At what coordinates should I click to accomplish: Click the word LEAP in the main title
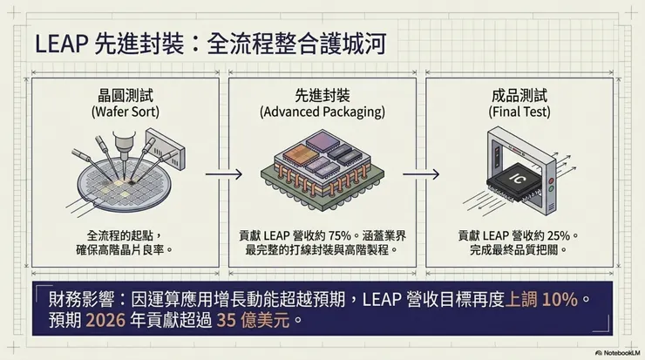click(x=61, y=44)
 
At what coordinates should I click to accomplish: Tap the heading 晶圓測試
click(x=126, y=96)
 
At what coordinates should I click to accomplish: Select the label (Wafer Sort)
click(x=126, y=112)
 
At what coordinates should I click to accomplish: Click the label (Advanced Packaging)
click(x=322, y=112)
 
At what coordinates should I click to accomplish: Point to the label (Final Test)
click(x=519, y=112)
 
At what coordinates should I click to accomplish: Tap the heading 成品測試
click(x=519, y=96)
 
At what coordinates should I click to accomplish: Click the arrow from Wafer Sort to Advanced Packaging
click(x=224, y=174)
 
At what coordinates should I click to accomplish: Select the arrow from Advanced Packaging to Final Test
click(x=421, y=174)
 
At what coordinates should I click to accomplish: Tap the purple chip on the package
click(x=322, y=142)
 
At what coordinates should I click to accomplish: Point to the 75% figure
click(x=340, y=236)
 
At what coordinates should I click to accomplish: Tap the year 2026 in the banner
click(x=105, y=320)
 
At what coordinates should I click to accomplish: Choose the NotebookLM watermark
click(x=618, y=353)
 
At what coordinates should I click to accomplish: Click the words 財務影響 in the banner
click(x=81, y=300)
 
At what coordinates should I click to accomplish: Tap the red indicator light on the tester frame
click(x=551, y=181)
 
